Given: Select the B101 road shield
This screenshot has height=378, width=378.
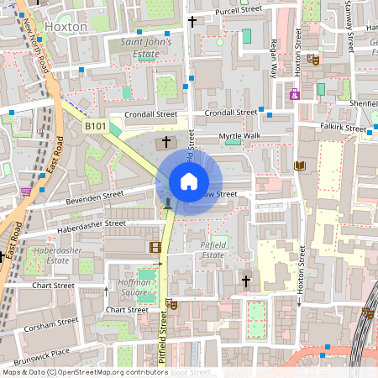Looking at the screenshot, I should pyautogui.click(x=95, y=126).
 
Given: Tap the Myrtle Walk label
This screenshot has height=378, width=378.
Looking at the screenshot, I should pyautogui.click(x=239, y=135).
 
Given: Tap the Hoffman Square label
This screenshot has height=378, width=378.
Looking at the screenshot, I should pyautogui.click(x=134, y=288).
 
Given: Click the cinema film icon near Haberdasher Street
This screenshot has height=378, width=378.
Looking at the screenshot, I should pyautogui.click(x=154, y=247).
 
